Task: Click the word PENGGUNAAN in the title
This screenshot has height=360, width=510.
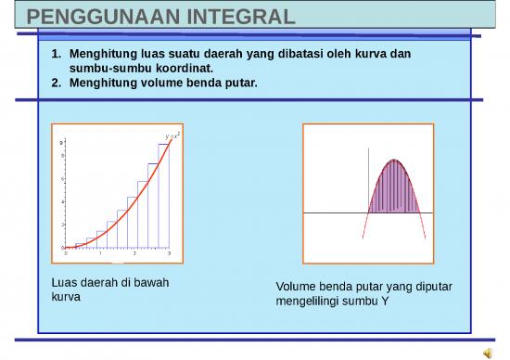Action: (96, 17)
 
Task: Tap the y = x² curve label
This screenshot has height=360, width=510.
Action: (172, 135)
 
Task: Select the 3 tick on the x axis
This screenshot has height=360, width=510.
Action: (169, 253)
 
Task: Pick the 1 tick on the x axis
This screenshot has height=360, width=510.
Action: (100, 253)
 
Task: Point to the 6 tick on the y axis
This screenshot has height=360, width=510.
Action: (62, 179)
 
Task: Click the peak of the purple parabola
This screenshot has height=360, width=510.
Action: (396, 161)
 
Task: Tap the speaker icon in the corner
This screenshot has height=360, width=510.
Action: (488, 351)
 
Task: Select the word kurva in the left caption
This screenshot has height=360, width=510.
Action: (66, 297)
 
